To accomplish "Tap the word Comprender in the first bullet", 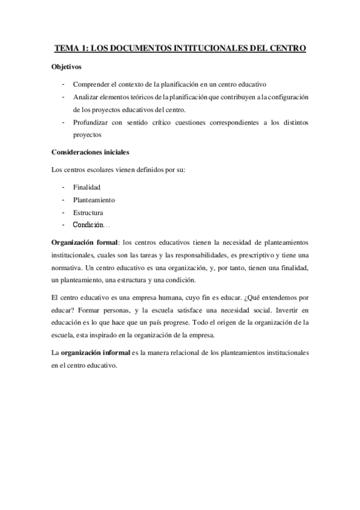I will (x=90, y=84).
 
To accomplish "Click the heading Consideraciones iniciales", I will (x=90, y=152).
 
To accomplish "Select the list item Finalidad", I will (x=87, y=187).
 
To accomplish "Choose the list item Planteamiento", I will (x=94, y=200).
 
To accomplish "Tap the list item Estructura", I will (x=88, y=212).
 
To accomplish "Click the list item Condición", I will (x=88, y=225).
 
